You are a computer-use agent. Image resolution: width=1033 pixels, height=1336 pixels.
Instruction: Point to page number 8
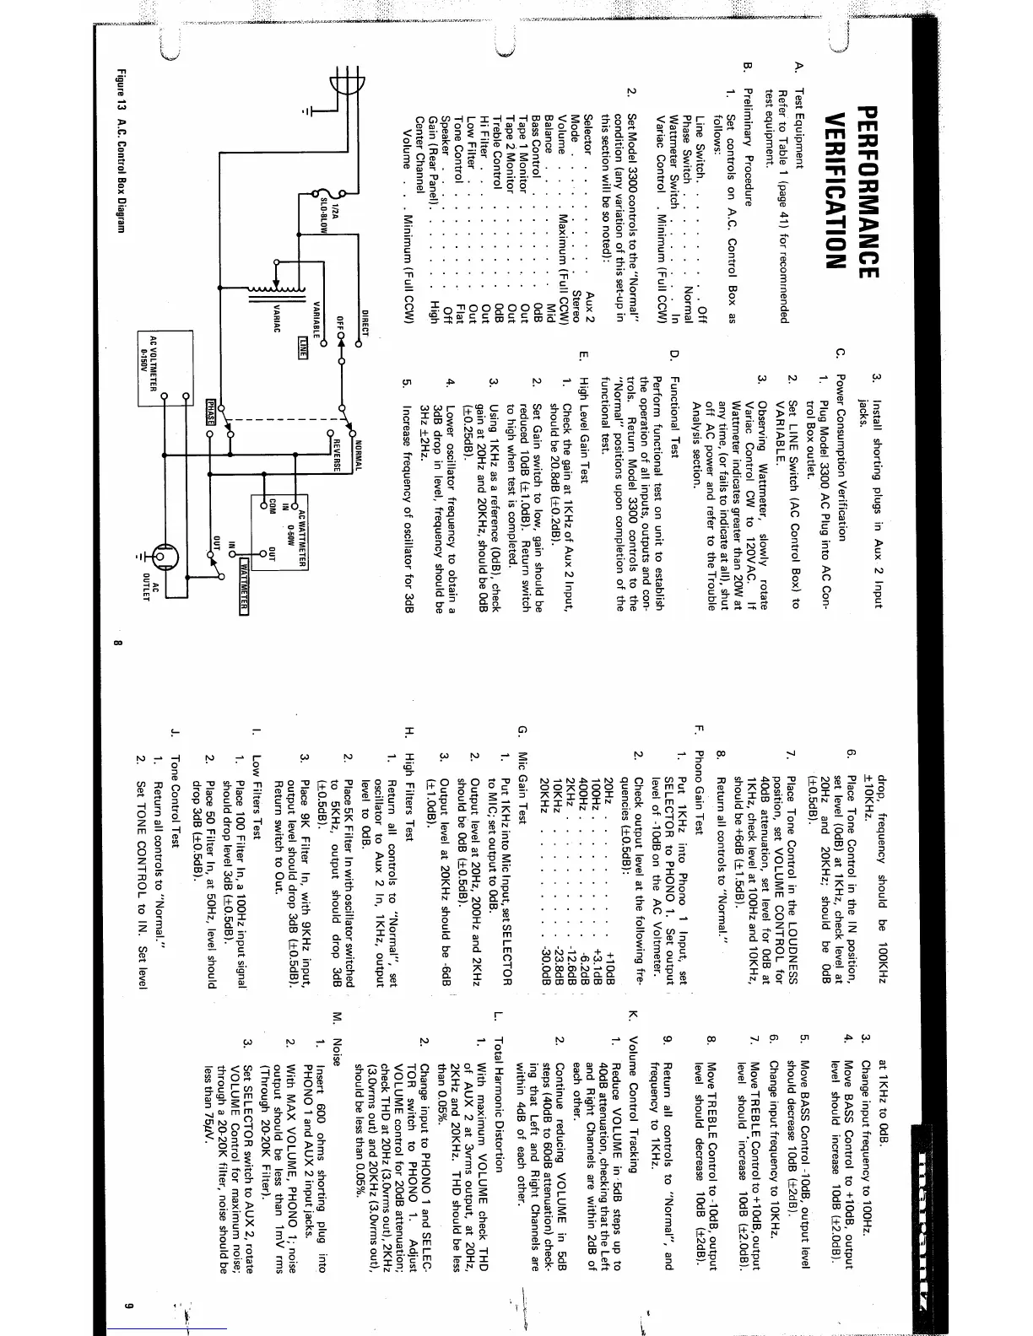pos(116,647)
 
